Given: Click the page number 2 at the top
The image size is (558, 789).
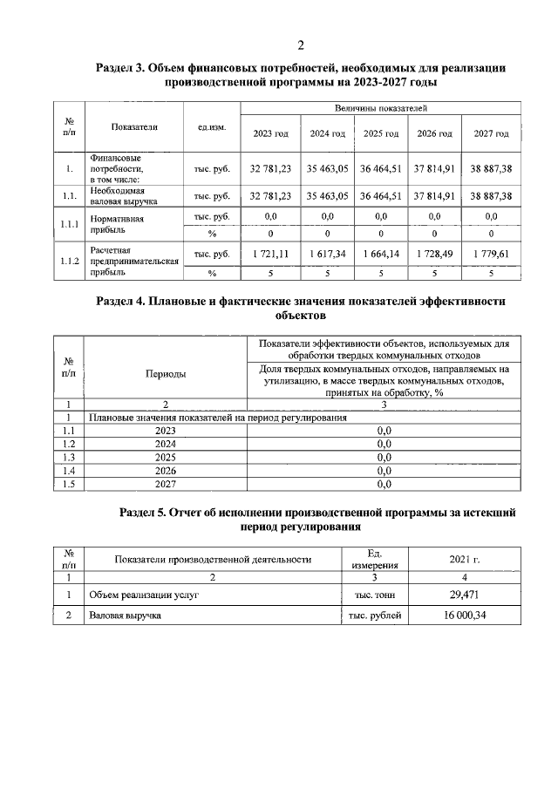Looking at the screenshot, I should coord(301,46).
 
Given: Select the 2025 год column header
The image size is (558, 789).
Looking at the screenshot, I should coord(380,134).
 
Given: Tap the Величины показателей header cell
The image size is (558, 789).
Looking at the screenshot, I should coord(380,108).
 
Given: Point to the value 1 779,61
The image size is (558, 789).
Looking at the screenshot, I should coord(491,254).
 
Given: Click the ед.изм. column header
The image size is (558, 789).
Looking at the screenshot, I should coord(211,127).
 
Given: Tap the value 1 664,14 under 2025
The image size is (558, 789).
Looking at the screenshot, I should coord(380,254).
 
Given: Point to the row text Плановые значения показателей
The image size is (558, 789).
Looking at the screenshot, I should coord(218,418).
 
